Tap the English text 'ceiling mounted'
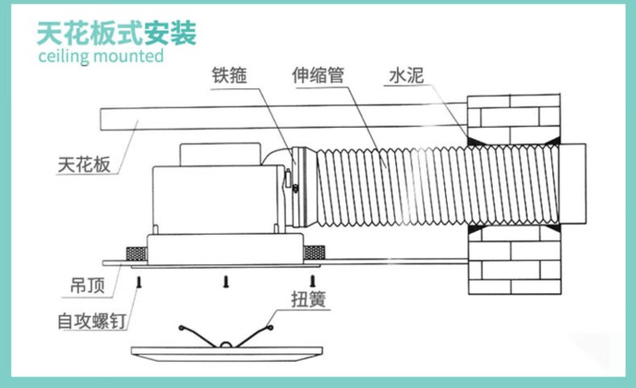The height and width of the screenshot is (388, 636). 101,58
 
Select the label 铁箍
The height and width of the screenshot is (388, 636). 230,73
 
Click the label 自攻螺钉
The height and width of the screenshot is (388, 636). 92,320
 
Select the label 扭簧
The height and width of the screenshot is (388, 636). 302,297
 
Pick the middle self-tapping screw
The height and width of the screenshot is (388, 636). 226,280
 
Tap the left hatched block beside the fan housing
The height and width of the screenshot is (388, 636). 135,252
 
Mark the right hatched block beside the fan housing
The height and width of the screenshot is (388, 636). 314,252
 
